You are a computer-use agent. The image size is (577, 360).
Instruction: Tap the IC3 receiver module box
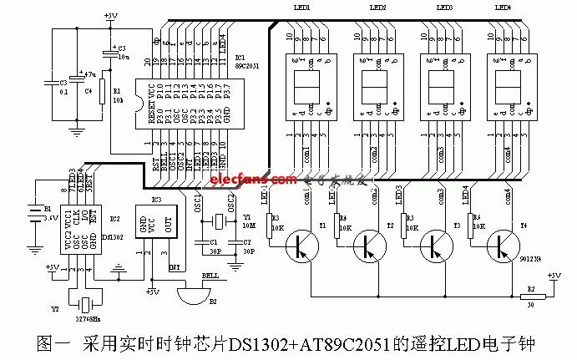click(x=160, y=227)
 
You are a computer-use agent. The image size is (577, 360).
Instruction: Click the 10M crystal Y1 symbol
click(x=220, y=223)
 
